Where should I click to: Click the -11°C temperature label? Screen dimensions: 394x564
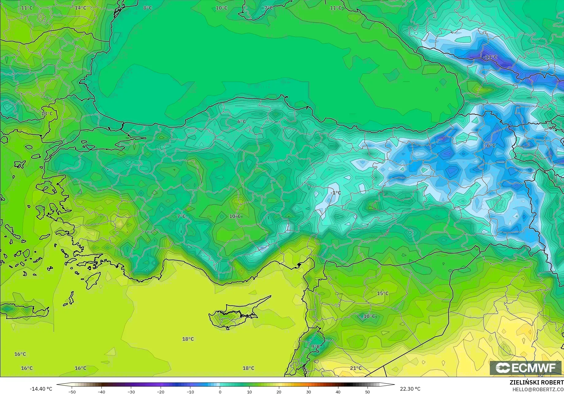490,57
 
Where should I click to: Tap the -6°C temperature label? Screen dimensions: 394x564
490,145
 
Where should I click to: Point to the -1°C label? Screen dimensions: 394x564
336,193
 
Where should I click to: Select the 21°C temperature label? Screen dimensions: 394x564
356,368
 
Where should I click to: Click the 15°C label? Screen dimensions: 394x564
383,293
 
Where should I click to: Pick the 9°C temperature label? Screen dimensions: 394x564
315,347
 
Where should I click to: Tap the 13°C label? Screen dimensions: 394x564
47,114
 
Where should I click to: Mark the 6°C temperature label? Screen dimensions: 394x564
242,122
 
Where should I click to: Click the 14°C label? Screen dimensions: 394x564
80,8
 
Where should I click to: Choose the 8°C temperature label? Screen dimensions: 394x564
147,8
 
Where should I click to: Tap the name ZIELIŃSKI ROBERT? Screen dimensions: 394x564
536,382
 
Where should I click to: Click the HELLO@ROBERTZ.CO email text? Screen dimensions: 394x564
538,389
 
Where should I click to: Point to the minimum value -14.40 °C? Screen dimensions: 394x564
41,389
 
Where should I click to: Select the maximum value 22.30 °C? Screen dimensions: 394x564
410,389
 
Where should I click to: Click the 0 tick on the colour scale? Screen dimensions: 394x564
220,392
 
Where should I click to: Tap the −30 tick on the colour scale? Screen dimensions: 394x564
131,392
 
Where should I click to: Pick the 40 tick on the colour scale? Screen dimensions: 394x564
338,392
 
